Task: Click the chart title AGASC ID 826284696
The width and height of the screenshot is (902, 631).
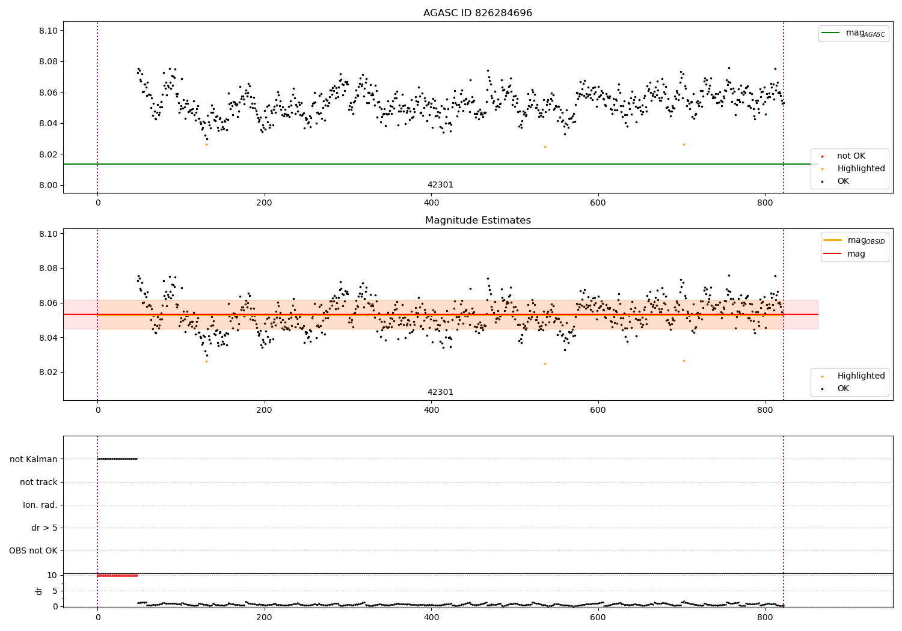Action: click(x=477, y=13)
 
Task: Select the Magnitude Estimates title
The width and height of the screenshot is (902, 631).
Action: click(x=477, y=221)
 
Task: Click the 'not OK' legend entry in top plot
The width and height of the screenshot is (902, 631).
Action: click(x=851, y=156)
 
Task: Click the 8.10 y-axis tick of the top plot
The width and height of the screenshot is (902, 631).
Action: click(x=48, y=31)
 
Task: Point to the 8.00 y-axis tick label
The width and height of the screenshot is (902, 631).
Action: click(x=48, y=185)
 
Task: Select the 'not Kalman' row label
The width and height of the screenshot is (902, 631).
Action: click(x=34, y=459)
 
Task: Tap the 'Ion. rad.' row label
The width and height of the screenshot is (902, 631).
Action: click(x=40, y=505)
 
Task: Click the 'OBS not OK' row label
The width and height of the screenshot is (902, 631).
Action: click(x=33, y=551)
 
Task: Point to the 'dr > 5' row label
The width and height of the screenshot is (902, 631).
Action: click(x=44, y=528)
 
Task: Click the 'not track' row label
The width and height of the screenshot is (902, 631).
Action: click(x=38, y=482)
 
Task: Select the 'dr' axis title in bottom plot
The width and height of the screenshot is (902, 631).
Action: click(x=39, y=591)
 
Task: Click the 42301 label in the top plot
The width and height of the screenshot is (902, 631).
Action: click(x=440, y=185)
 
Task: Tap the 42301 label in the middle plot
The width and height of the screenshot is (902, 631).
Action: click(x=440, y=392)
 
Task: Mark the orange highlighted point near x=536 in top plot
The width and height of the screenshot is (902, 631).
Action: click(x=545, y=147)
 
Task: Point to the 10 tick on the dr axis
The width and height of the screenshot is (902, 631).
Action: click(x=52, y=575)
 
